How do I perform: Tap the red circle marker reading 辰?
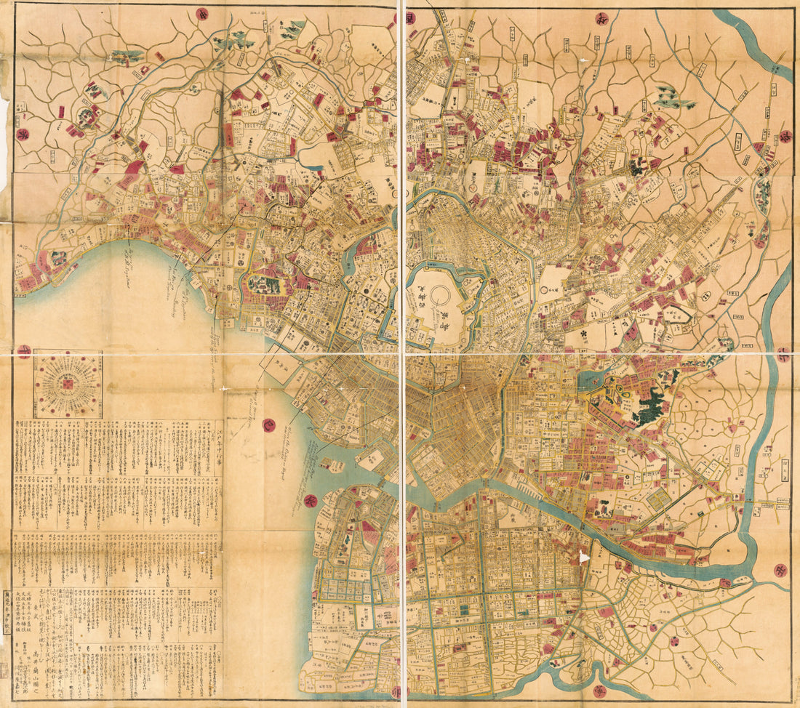309,501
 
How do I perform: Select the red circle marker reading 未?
24,352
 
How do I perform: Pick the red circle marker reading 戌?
409,17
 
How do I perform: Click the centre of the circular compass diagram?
68,383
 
